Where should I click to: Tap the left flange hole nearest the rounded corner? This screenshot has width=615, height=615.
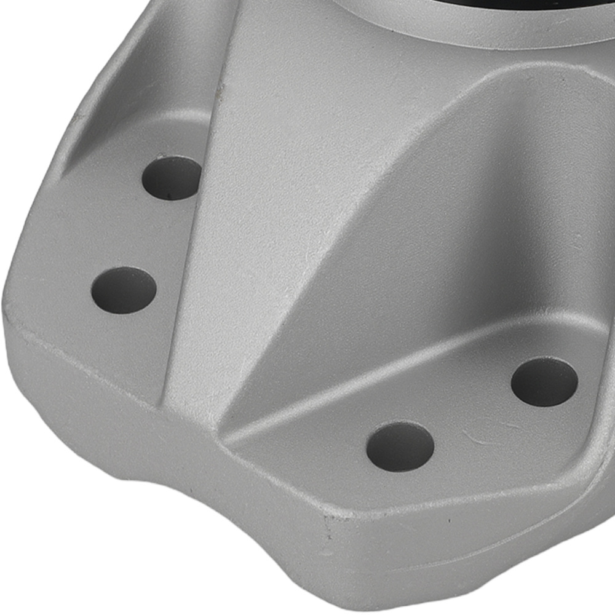(x=124, y=290)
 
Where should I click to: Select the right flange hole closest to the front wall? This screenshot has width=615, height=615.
(x=400, y=446)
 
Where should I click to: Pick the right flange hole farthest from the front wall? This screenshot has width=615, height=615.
(x=544, y=381)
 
